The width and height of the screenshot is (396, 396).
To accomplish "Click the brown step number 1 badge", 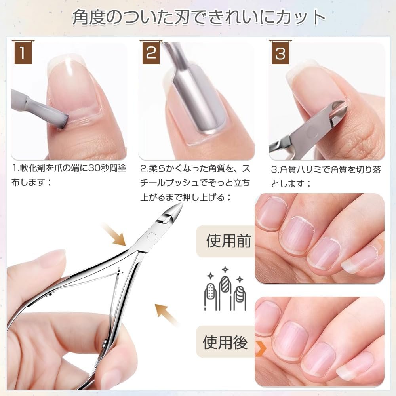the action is [23, 53].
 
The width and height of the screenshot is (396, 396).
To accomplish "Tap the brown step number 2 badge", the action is [151, 53].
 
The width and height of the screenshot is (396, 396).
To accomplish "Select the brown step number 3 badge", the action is [280, 53].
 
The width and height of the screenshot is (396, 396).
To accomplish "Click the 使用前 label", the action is [228, 241].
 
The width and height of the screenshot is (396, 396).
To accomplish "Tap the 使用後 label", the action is [225, 342].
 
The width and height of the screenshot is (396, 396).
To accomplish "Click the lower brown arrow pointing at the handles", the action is [167, 314].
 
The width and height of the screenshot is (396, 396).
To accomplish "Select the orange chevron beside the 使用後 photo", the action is [261, 348].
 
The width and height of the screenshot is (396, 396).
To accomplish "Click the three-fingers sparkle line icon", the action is [225, 289].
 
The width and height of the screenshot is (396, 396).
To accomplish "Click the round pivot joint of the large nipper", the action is [152, 237].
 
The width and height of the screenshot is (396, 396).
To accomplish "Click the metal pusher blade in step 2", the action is [195, 103].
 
